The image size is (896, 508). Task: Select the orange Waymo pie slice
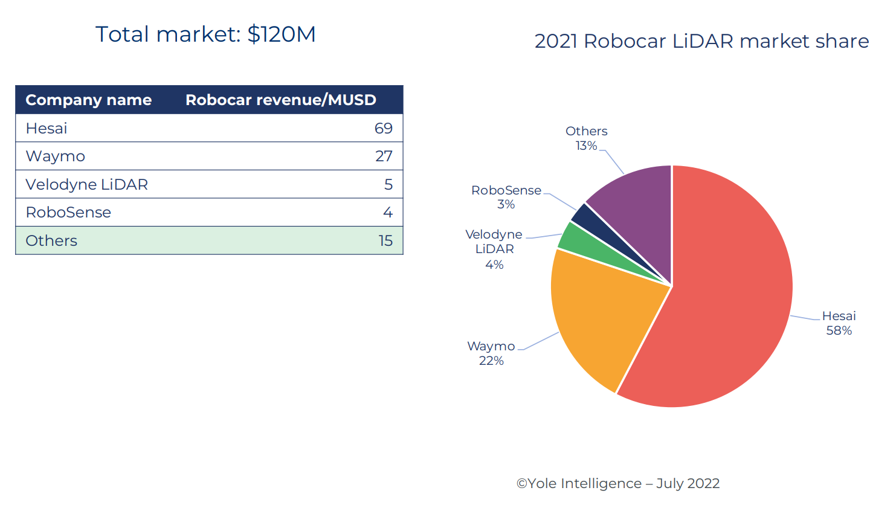(x=598, y=320)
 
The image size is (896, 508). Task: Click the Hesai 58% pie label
(x=839, y=323)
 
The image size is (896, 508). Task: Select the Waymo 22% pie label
(x=491, y=353)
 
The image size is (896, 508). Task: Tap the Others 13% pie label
(x=586, y=138)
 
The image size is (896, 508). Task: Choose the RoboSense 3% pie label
(x=506, y=197)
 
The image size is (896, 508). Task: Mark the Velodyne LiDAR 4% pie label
(x=494, y=249)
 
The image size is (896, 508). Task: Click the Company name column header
(x=88, y=100)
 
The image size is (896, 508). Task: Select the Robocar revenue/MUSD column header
(x=280, y=100)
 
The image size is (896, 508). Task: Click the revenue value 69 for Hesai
(x=383, y=128)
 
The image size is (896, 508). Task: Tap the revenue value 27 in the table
(x=384, y=156)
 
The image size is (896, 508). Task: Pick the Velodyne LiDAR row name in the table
(x=86, y=184)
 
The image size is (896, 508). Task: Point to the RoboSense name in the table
(x=68, y=213)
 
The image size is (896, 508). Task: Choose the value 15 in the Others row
(x=385, y=240)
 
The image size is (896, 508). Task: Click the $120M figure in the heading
(x=282, y=34)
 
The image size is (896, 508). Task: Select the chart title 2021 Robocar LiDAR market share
(x=701, y=41)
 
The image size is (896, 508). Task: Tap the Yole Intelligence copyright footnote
(x=618, y=483)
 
